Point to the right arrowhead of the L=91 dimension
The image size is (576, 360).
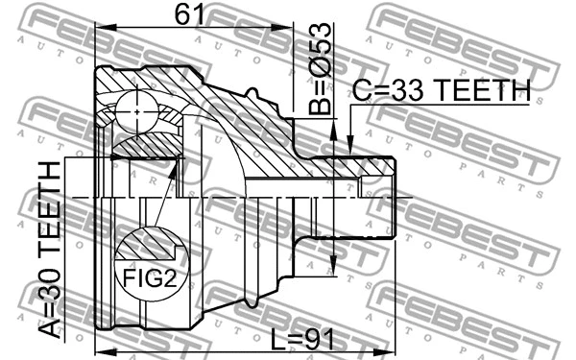pyautogui.click(x=392, y=349)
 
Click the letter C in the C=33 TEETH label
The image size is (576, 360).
pyautogui.click(x=361, y=90)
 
